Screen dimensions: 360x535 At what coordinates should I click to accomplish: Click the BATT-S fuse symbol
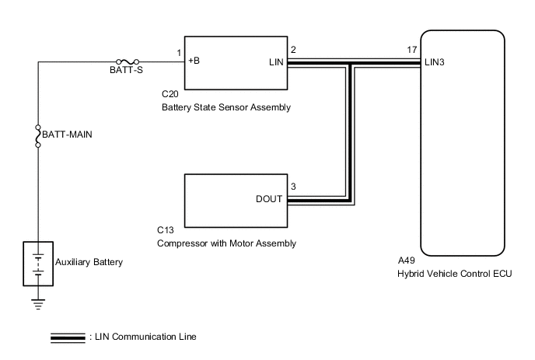pos(128,61)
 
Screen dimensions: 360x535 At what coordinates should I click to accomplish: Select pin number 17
pos(411,50)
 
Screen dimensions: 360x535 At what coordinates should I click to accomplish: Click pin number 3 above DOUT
pos(293,187)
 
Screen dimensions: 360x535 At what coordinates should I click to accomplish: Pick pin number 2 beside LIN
pos(293,50)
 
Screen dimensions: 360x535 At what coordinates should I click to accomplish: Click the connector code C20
pos(170,95)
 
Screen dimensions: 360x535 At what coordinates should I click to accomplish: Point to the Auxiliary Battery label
pos(89,262)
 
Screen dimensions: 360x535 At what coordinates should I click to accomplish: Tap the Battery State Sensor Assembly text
pos(226,107)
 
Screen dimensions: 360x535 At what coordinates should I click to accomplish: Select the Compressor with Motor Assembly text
pos(226,243)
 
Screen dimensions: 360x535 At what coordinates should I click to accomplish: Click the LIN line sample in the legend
pos(68,337)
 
